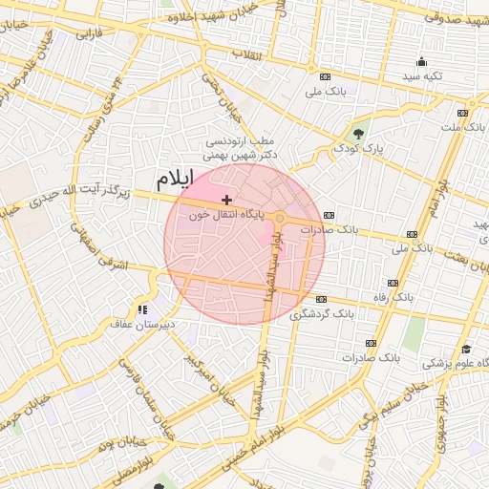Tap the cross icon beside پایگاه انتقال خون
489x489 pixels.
226,199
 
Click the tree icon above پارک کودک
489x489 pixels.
359,132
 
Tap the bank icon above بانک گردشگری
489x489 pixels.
321,298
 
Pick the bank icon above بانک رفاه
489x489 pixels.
393,283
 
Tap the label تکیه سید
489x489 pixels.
422,74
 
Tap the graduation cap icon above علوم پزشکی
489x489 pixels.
466,349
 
